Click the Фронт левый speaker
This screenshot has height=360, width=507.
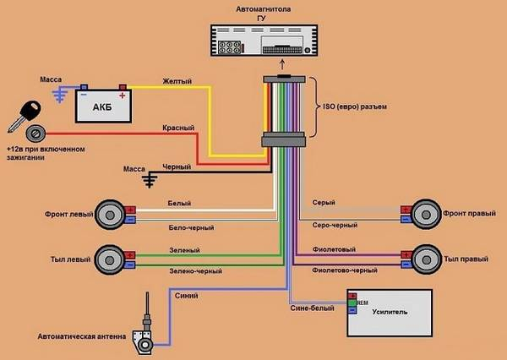pyautogui.click(x=111, y=214)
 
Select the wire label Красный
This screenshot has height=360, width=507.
pyautogui.click(x=179, y=128)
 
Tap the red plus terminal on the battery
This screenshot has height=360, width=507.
pyautogui.click(x=123, y=86)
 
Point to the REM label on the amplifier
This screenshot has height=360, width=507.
pyautogui.click(x=362, y=302)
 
